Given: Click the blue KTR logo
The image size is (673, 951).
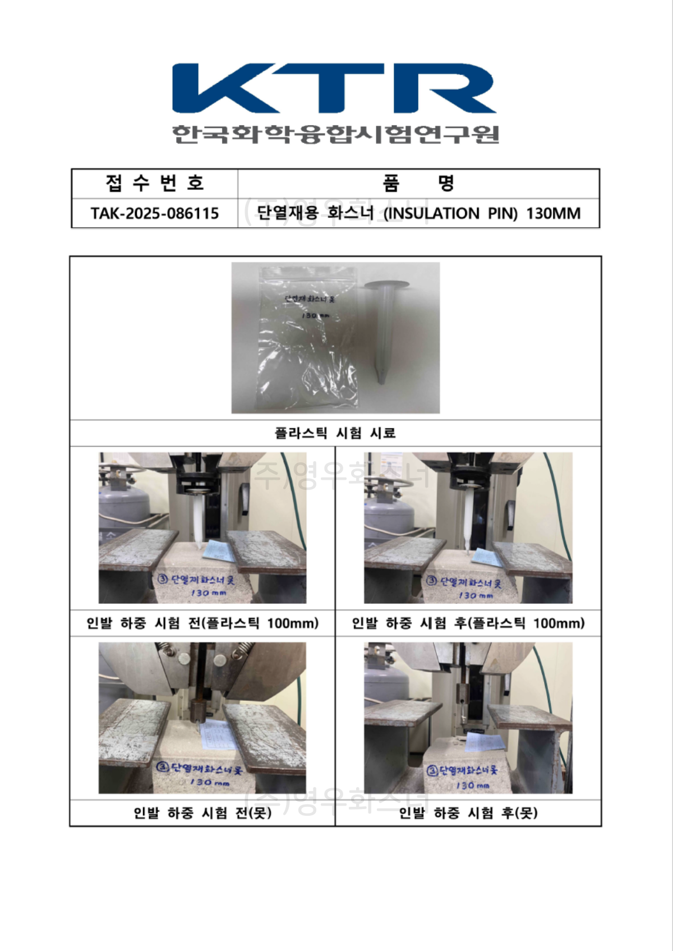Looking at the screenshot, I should pos(334,89).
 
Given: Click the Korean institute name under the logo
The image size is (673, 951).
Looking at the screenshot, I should pos(335,134).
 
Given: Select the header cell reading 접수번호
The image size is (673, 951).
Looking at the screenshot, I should pos(154,183).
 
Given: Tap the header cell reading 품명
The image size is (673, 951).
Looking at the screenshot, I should pos(418,183).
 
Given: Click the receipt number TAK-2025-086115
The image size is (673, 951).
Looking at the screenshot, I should pos(155,214).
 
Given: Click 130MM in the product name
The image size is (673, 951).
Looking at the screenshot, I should pos(553,214).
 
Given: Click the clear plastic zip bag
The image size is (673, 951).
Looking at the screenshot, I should pos(307,337).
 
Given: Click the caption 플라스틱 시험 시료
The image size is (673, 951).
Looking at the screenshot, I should pos(335,433).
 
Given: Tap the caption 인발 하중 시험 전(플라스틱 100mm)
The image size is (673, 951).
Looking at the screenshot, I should pos(202,623).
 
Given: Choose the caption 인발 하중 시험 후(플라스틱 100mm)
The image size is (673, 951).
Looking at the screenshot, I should pos(468,623).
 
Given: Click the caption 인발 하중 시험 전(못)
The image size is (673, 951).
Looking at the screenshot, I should pos(202,813).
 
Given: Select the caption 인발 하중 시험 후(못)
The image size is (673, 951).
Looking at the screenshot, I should pos(468,813).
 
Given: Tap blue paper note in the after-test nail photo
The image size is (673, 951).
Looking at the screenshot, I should pos(483,742).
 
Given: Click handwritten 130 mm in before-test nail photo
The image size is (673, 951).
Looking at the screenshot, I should pos(209,782).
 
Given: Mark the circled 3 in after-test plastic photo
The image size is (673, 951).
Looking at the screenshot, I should pos(431,581).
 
